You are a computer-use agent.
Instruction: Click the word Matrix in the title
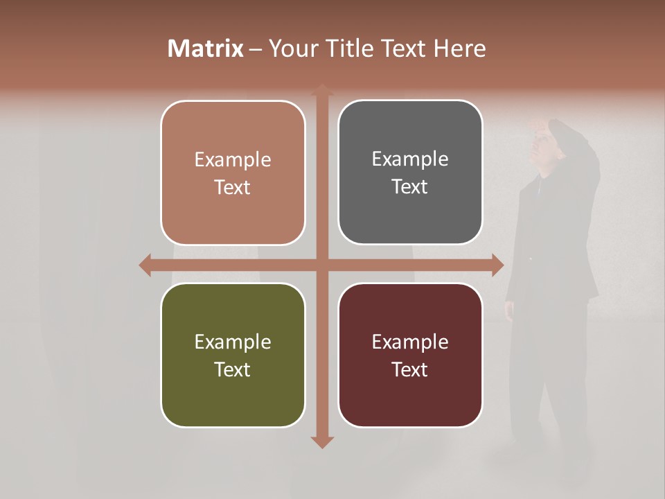click(206, 49)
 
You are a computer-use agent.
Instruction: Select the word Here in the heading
click(460, 49)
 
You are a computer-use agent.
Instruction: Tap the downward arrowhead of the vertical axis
click(322, 441)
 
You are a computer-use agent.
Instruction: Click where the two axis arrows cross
click(322, 265)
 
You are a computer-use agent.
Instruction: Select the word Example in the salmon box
click(233, 160)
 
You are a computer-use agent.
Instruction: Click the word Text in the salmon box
click(233, 188)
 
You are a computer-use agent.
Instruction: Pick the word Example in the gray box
click(410, 159)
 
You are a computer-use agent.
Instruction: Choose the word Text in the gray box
click(410, 187)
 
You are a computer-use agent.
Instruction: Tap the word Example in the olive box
click(233, 342)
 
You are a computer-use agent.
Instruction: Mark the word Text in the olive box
click(233, 370)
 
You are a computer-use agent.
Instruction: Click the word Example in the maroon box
click(410, 342)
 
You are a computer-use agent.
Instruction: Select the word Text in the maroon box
click(410, 370)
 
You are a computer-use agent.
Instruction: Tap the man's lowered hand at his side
click(510, 309)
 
